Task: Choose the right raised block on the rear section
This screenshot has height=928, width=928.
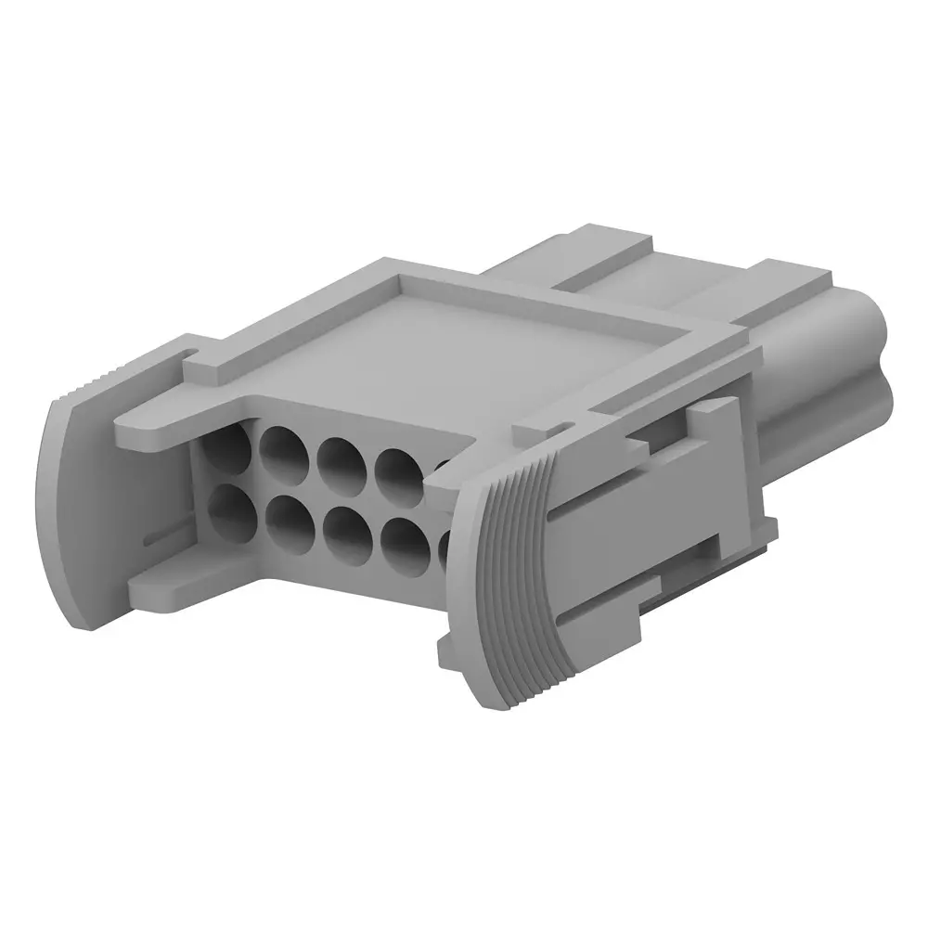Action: point(793,278)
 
